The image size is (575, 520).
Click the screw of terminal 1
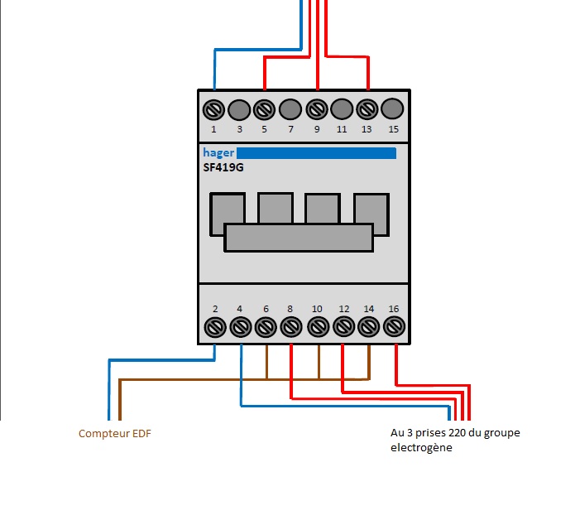[213, 109]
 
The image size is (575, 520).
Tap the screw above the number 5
[265, 109]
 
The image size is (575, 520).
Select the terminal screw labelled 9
[317, 109]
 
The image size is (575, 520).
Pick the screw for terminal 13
[368, 109]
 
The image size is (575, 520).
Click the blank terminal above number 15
[394, 108]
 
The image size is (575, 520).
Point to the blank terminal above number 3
[239, 108]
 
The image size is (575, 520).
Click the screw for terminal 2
[215, 327]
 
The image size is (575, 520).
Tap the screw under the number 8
[291, 327]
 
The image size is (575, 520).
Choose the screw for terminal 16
[394, 327]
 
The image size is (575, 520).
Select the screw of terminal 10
[318, 327]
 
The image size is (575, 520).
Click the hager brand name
[218, 153]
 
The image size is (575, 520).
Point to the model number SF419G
[223, 167]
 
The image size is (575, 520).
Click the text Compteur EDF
[115, 434]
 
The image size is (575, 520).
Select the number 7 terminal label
[290, 129]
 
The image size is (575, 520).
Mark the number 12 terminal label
[343, 309]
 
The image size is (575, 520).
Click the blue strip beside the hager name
[316, 153]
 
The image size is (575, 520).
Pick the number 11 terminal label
[342, 129]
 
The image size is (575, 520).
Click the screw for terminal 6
[266, 327]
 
